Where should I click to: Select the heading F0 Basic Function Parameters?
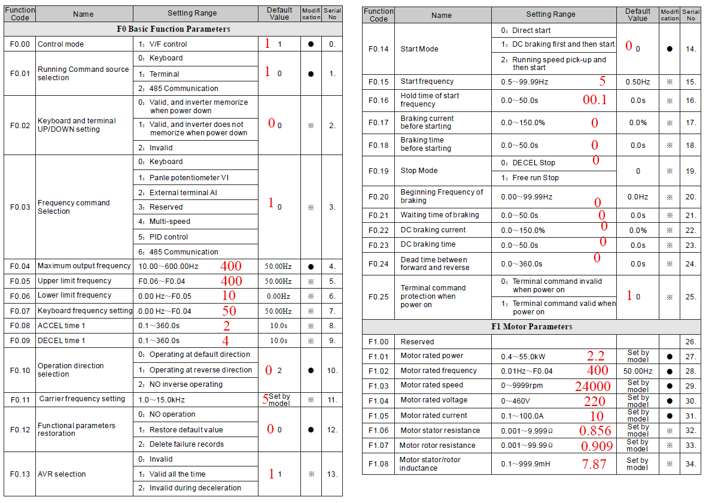click(x=173, y=29)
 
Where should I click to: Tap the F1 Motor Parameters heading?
click(x=531, y=326)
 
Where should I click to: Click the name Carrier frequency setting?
click(x=82, y=399)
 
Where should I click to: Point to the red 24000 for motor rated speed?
click(x=592, y=386)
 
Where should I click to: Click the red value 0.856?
click(x=595, y=431)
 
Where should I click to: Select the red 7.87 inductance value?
click(x=594, y=463)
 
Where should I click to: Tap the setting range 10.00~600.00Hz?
click(x=168, y=266)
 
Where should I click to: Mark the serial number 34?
click(x=690, y=464)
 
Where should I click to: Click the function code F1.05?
click(x=379, y=416)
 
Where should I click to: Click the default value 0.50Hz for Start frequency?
click(x=638, y=81)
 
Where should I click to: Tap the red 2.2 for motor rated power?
click(x=595, y=356)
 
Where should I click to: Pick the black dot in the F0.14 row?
click(x=670, y=49)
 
